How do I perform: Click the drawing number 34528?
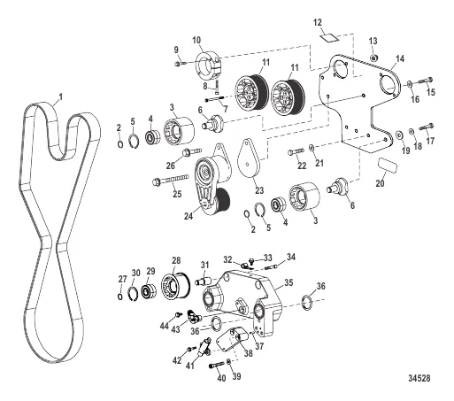(419, 378)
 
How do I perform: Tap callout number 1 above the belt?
(61, 97)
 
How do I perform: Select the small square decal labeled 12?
(329, 37)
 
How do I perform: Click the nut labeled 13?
(373, 58)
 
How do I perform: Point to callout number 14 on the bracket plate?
(400, 58)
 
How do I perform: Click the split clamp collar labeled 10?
(209, 63)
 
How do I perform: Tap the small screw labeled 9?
(180, 63)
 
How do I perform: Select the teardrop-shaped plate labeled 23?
(250, 158)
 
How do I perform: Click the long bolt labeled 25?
(170, 180)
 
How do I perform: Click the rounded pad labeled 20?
(388, 166)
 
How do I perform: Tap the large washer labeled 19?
(400, 134)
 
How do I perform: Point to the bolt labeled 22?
(296, 152)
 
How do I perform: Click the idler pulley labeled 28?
(176, 286)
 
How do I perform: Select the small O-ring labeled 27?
(120, 297)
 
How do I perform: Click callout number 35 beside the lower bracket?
(289, 282)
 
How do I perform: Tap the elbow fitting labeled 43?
(195, 316)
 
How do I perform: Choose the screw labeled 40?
(217, 366)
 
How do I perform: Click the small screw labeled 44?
(178, 314)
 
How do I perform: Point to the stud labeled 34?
(272, 267)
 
